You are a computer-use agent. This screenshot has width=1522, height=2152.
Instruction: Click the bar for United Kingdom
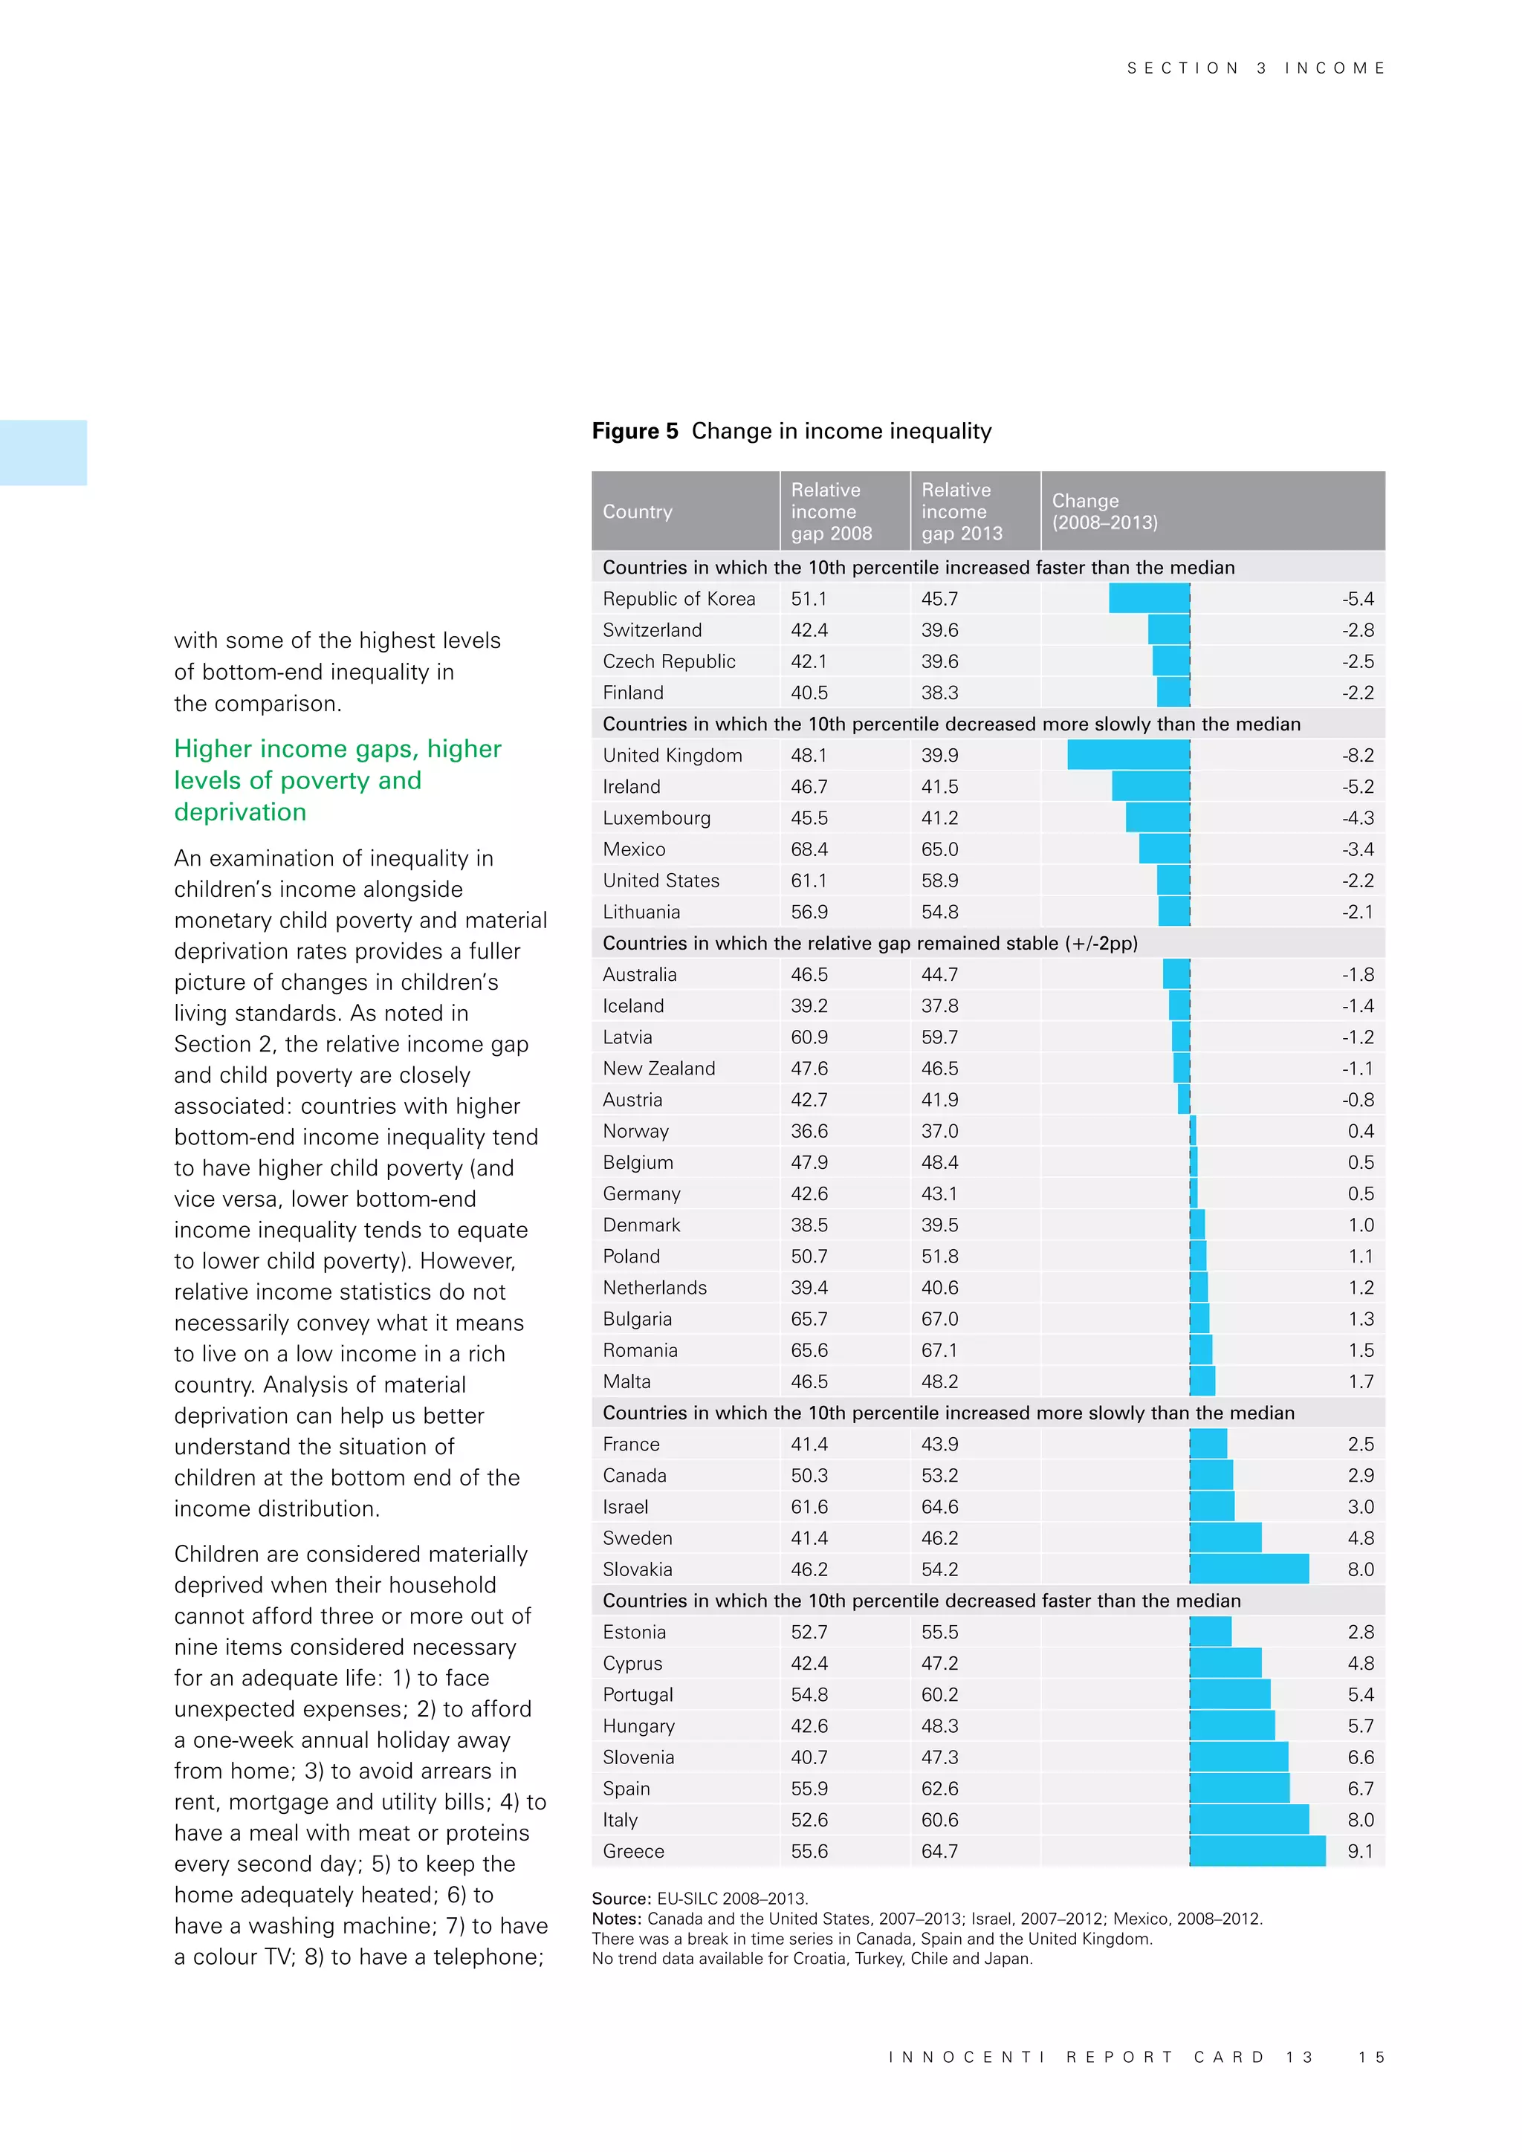pyautogui.click(x=1128, y=754)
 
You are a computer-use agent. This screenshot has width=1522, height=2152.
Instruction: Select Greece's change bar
pyautogui.click(x=1257, y=1851)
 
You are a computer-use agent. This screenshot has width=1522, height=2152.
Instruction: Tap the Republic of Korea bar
pyautogui.click(x=1149, y=598)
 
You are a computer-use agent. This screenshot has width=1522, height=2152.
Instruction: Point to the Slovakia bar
pyautogui.click(x=1249, y=1569)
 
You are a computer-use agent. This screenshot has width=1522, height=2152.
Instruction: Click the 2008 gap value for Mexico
pyautogui.click(x=809, y=849)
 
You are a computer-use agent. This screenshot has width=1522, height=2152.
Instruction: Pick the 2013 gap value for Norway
pyautogui.click(x=939, y=1131)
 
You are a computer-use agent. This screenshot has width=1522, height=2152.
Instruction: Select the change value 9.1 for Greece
pyautogui.click(x=1360, y=1851)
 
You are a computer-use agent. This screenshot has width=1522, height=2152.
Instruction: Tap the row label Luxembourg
pyautogui.click(x=656, y=818)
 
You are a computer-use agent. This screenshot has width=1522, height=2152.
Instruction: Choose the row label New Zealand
pyautogui.click(x=659, y=1069)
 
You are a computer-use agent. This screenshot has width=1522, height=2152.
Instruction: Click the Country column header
pyautogui.click(x=638, y=512)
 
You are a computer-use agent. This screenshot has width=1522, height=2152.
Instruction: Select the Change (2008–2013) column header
pyautogui.click(x=1104, y=512)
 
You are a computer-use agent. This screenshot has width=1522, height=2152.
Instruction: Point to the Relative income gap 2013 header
pyautogui.click(x=962, y=512)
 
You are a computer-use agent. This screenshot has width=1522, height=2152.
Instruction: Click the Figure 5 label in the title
pyautogui.click(x=635, y=431)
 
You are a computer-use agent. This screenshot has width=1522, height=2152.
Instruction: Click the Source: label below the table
pyautogui.click(x=621, y=1899)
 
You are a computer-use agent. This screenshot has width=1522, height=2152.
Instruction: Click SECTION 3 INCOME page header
pyautogui.click(x=1255, y=68)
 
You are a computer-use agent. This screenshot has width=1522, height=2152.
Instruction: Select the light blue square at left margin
pyautogui.click(x=43, y=453)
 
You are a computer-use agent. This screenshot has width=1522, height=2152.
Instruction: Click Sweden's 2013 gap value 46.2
pyautogui.click(x=939, y=1538)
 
